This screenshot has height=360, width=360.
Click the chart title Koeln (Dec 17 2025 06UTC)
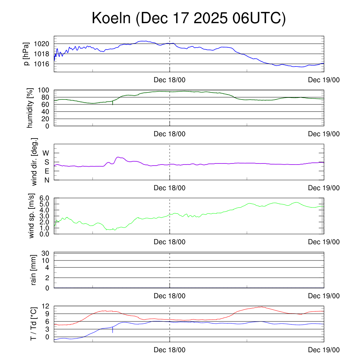point(188,18)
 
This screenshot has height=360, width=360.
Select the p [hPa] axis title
point(26,54)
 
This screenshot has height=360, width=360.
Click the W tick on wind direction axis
point(46,153)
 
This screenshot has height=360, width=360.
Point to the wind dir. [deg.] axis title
point(34,162)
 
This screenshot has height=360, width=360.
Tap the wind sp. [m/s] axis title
point(32,216)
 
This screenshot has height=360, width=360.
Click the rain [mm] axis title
point(34,270)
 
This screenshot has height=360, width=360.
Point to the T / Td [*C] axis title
point(33,324)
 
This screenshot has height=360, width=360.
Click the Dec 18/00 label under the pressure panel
point(169,80)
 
